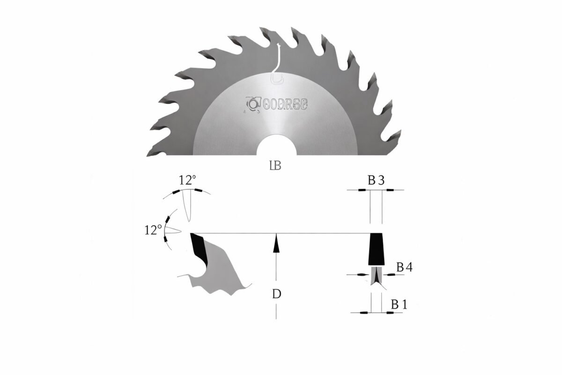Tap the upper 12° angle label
[187, 181]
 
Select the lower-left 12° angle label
[154, 229]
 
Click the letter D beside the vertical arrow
[277, 294]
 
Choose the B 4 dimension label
[404, 267]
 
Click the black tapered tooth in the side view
[376, 249]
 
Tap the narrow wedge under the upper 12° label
[188, 206]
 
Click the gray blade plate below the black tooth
[376, 276]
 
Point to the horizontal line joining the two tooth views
[281, 233]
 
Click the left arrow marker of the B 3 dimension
[362, 190]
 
